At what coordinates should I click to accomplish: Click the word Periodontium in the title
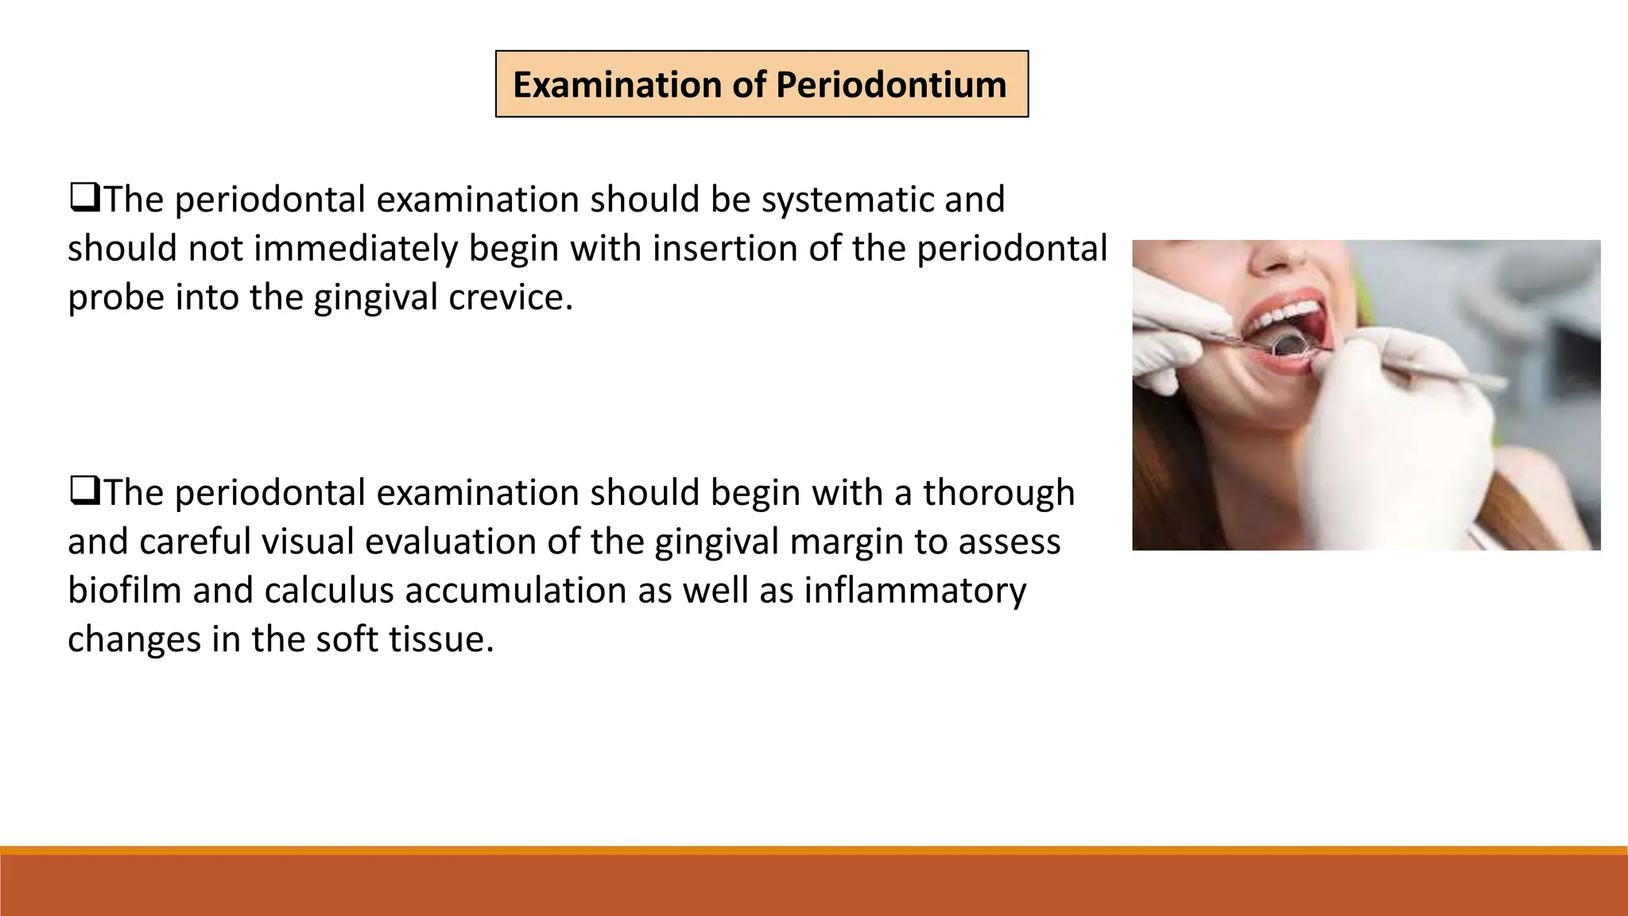coord(891,85)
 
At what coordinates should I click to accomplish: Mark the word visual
coord(308,542)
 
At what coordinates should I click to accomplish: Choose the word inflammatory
coord(915,591)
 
